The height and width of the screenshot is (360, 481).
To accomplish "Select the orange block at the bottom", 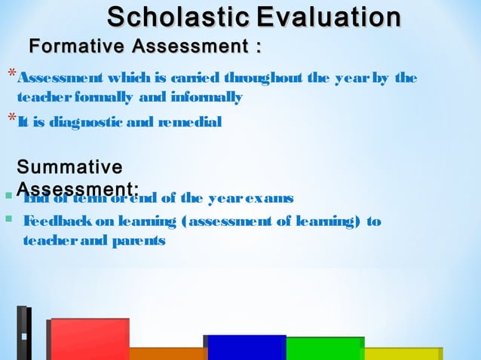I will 167,353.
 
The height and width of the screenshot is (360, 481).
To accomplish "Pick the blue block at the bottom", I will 246,347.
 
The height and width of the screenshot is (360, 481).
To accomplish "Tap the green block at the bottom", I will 325,348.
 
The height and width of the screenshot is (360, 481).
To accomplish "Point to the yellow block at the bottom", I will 402,353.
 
